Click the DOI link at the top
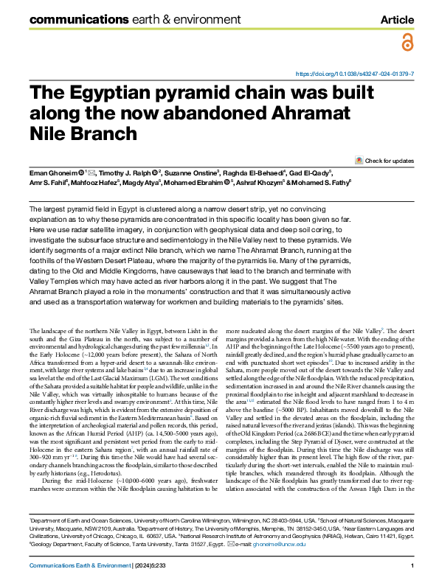point(355,74)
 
